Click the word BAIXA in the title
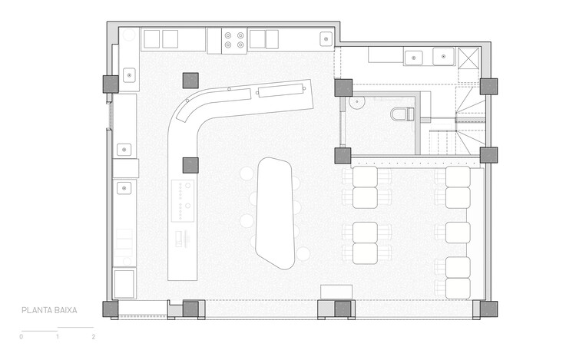click(65, 310)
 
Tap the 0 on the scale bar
click(22, 336)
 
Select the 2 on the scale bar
click(93, 336)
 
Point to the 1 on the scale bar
click(58, 336)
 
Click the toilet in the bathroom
click(402, 114)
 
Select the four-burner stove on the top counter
click(234, 41)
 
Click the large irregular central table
click(275, 213)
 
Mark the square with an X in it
click(468, 58)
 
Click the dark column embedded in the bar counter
click(190, 165)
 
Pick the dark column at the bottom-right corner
click(488, 309)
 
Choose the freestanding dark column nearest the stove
click(190, 81)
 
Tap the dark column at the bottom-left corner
click(110, 309)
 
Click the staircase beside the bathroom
click(458, 121)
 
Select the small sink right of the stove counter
click(326, 39)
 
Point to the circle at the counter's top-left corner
click(129, 35)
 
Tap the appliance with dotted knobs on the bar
click(183, 201)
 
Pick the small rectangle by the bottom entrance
click(336, 292)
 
